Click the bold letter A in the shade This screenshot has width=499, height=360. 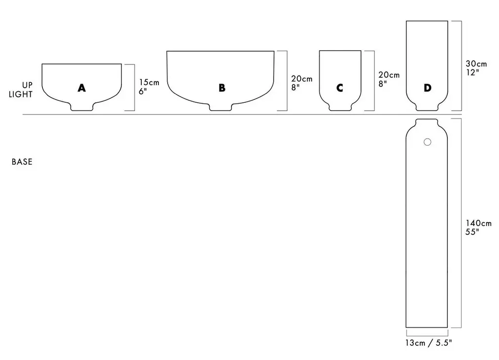coord(81,88)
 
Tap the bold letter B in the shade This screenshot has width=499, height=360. coord(222,88)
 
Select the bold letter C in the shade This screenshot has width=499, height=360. coord(340,88)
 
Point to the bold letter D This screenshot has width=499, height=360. coord(427,88)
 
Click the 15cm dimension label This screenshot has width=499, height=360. coord(149,82)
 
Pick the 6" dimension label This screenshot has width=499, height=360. coord(143,92)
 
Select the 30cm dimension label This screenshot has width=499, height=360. coord(476,64)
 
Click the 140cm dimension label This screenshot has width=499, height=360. coord(479,223)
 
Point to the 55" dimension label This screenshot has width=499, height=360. coord(472,232)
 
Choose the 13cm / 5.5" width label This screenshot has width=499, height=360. coord(428,343)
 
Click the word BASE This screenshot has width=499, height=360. coord(22,162)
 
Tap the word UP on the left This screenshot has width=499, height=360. coord(27,85)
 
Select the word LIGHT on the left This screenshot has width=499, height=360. coord(20,95)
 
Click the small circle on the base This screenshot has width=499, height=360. coord(427,142)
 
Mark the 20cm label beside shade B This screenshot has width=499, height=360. coord(302,79)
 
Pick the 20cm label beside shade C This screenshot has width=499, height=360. coord(389,75)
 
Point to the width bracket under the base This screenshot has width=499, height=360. coord(427,334)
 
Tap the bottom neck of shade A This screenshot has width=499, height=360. coord(81,107)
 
